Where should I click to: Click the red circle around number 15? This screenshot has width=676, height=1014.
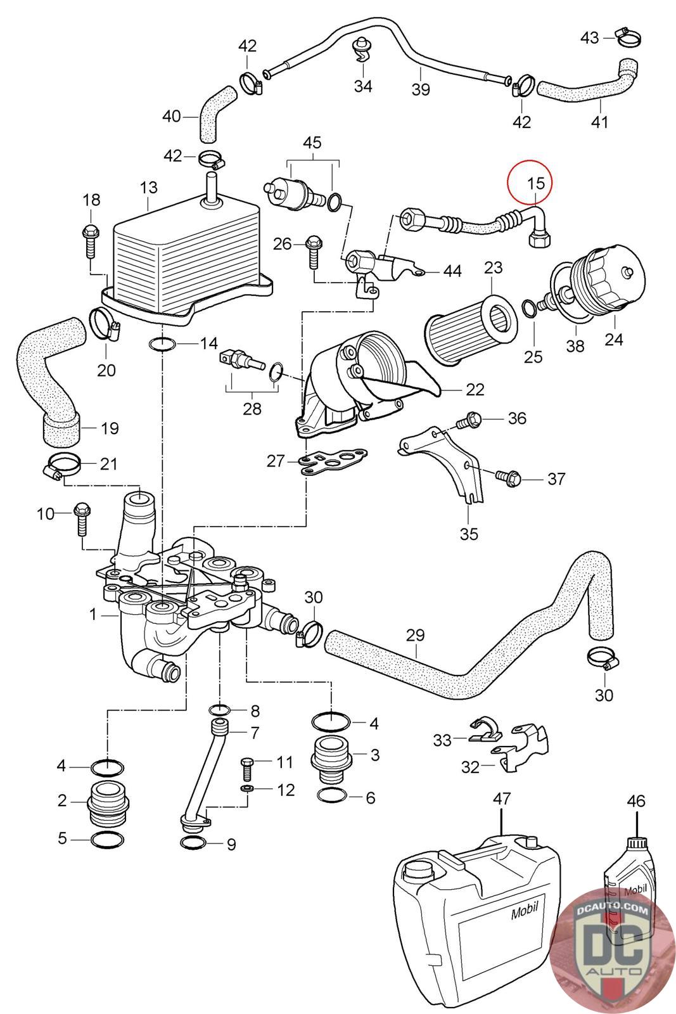pyautogui.click(x=530, y=182)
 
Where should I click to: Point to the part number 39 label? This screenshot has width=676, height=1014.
pyautogui.click(x=420, y=89)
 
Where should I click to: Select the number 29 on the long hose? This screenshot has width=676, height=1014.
pyautogui.click(x=416, y=635)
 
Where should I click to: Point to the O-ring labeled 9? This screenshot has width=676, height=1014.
pyautogui.click(x=194, y=844)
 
